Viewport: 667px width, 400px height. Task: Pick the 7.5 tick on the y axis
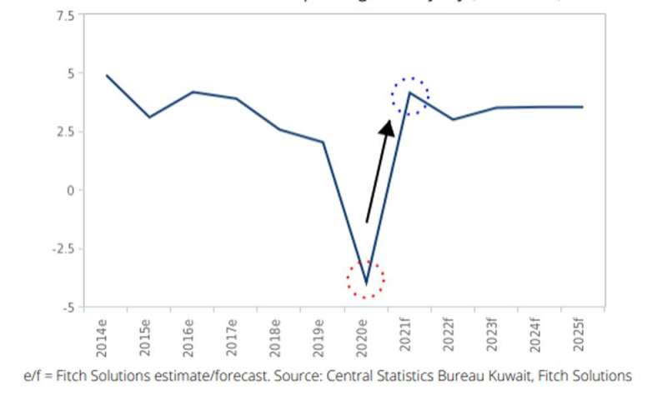[x=64, y=15]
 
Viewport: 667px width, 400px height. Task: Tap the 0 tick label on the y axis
[x=70, y=190]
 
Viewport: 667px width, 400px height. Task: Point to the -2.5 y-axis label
[x=62, y=248]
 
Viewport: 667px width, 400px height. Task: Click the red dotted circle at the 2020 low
[x=365, y=279]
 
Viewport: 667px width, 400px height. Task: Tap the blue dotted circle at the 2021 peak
[x=410, y=96]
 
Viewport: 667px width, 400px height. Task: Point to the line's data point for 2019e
[x=322, y=142]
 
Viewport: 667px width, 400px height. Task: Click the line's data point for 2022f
[x=452, y=119]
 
